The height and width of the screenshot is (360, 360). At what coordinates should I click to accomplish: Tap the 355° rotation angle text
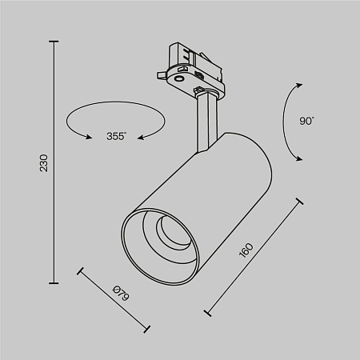click(115, 136)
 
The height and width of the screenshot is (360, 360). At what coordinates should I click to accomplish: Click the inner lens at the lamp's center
click(170, 231)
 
